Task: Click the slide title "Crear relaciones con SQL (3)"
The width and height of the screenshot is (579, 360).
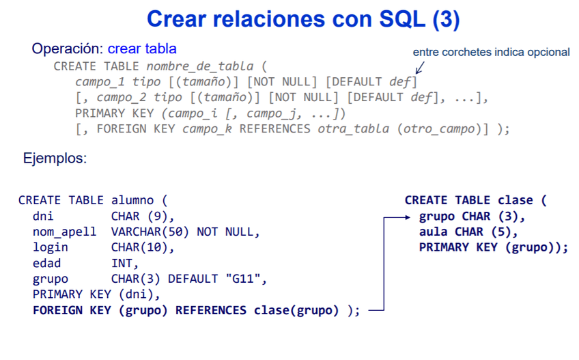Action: point(303,18)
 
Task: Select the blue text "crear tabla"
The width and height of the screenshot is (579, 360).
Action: point(142,49)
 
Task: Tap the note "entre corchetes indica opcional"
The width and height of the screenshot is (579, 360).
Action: point(491,52)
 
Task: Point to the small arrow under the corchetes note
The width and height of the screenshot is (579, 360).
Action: point(419,67)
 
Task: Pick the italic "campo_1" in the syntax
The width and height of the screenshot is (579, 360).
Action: point(101,82)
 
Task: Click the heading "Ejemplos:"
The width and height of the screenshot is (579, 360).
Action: point(55,158)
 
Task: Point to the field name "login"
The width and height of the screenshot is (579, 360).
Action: point(50,247)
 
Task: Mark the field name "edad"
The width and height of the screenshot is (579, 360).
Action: point(46,263)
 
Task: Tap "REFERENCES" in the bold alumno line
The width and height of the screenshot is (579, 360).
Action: point(211,310)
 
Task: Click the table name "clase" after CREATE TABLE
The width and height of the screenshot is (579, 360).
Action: point(516,200)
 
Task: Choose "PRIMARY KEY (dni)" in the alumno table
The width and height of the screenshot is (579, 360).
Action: point(95,294)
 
